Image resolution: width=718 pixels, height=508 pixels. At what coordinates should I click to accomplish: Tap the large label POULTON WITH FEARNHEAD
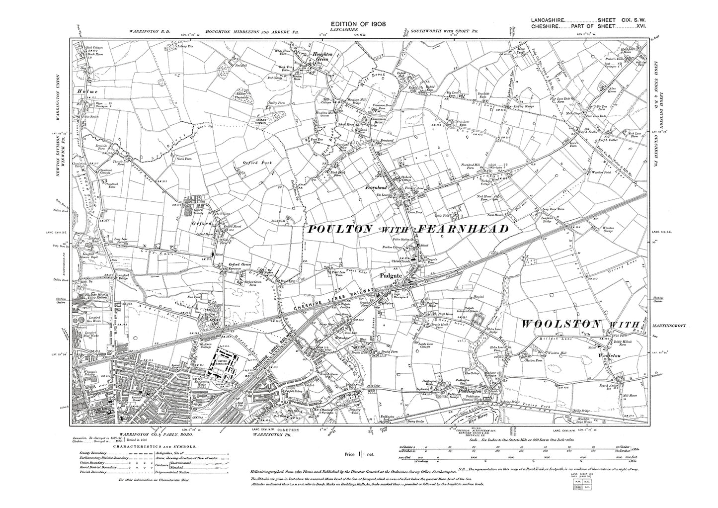408,229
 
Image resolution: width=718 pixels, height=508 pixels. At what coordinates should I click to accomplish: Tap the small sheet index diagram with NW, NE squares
582,487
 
